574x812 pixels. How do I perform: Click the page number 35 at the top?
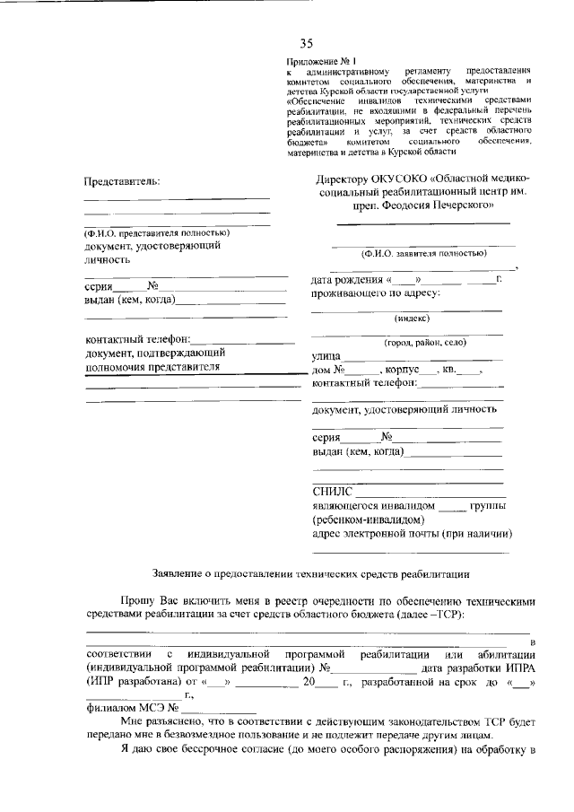[307, 42]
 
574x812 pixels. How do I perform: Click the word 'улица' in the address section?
[326, 356]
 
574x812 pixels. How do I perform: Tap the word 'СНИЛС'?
[331, 492]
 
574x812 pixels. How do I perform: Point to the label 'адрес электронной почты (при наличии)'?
[412, 535]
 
